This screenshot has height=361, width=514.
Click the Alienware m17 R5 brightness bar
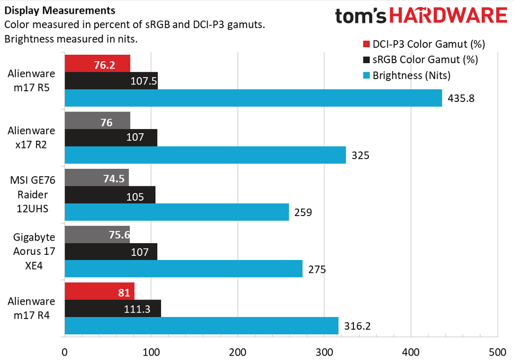(x=253, y=98)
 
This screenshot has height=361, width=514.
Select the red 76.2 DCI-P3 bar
(x=97, y=64)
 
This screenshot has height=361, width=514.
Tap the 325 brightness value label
(x=360, y=156)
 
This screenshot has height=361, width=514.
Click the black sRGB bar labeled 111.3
(x=112, y=308)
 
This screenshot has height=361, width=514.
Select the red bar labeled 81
(x=99, y=291)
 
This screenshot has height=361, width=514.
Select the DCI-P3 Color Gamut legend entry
(x=423, y=44)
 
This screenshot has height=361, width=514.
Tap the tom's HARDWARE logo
(x=421, y=16)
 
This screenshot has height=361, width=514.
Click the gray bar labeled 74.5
(x=96, y=178)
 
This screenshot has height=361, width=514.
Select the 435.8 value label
(x=460, y=99)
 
